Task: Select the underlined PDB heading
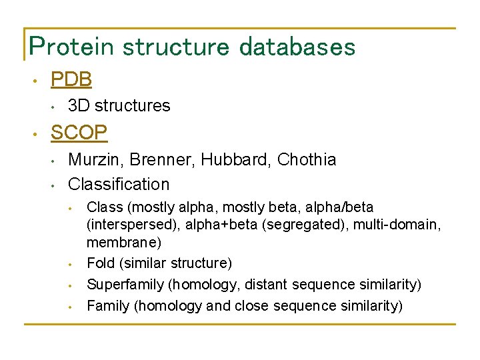click(71, 79)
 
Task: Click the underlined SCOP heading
click(79, 133)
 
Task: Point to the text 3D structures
click(119, 105)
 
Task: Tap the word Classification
click(119, 184)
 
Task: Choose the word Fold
click(101, 263)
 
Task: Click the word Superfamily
click(125, 285)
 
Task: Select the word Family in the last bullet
click(107, 306)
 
